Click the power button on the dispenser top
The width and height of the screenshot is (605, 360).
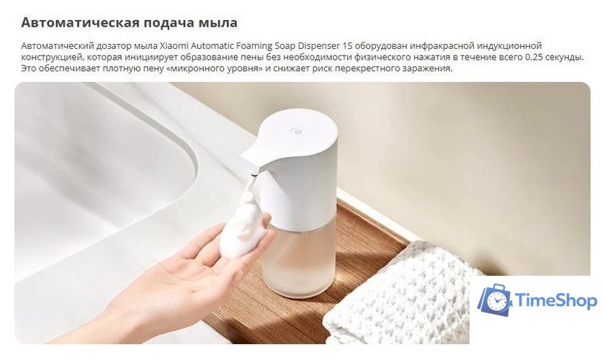pyautogui.click(x=296, y=132)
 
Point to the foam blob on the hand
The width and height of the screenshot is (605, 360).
pyautogui.click(x=243, y=229)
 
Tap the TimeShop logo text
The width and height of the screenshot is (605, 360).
pyautogui.click(x=556, y=301)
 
